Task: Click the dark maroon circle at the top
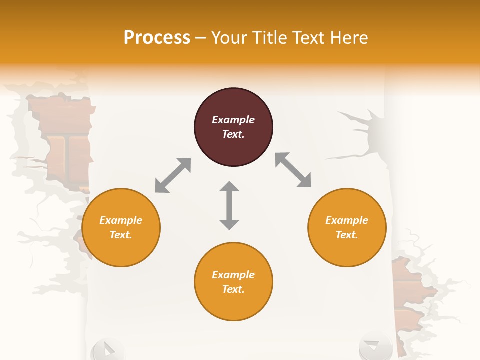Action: pyautogui.click(x=233, y=127)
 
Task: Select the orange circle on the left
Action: pyautogui.click(x=121, y=228)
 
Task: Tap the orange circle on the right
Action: pyautogui.click(x=347, y=228)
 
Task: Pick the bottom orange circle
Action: pyautogui.click(x=233, y=282)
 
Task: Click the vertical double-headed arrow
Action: pyautogui.click(x=229, y=205)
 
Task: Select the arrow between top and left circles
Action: pyautogui.click(x=173, y=175)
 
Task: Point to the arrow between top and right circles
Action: pyautogui.click(x=293, y=170)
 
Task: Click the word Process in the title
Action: pyautogui.click(x=157, y=38)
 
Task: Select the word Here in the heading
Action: pyautogui.click(x=348, y=38)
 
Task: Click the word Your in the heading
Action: pyautogui.click(x=228, y=38)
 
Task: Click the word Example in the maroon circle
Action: pyautogui.click(x=233, y=120)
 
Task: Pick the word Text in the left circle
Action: pyautogui.click(x=120, y=235)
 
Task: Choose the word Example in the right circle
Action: pyautogui.click(x=347, y=220)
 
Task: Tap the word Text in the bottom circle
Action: pyautogui.click(x=233, y=289)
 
